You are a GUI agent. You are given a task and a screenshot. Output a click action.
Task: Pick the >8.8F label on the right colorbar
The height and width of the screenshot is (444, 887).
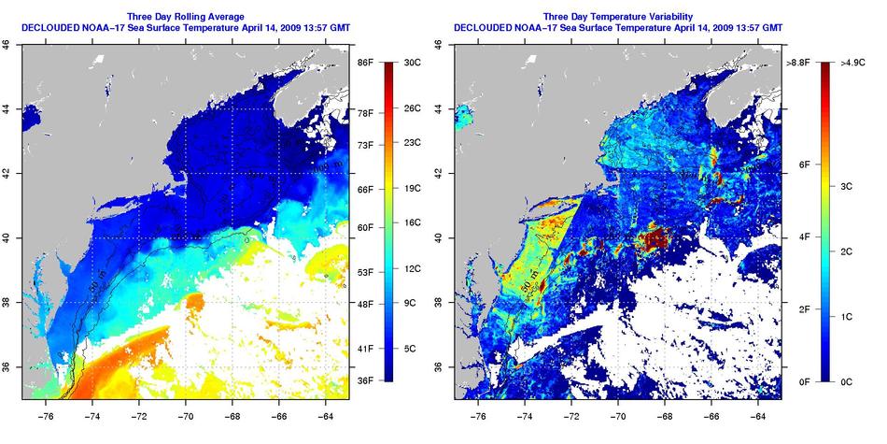[796, 62]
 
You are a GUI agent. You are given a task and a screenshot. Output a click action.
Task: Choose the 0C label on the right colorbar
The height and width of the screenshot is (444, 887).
[846, 380]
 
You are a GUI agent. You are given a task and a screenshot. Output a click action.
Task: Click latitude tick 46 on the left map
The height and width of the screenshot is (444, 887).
[9, 43]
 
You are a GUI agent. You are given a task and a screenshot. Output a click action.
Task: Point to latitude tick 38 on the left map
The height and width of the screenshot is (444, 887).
[9, 302]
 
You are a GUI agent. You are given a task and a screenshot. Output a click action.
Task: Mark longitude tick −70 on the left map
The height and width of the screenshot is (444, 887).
[185, 410]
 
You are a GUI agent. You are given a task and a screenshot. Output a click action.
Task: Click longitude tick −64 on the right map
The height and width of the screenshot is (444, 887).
[757, 410]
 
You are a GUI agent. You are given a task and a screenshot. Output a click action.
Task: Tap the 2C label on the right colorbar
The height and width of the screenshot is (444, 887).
[846, 252]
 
